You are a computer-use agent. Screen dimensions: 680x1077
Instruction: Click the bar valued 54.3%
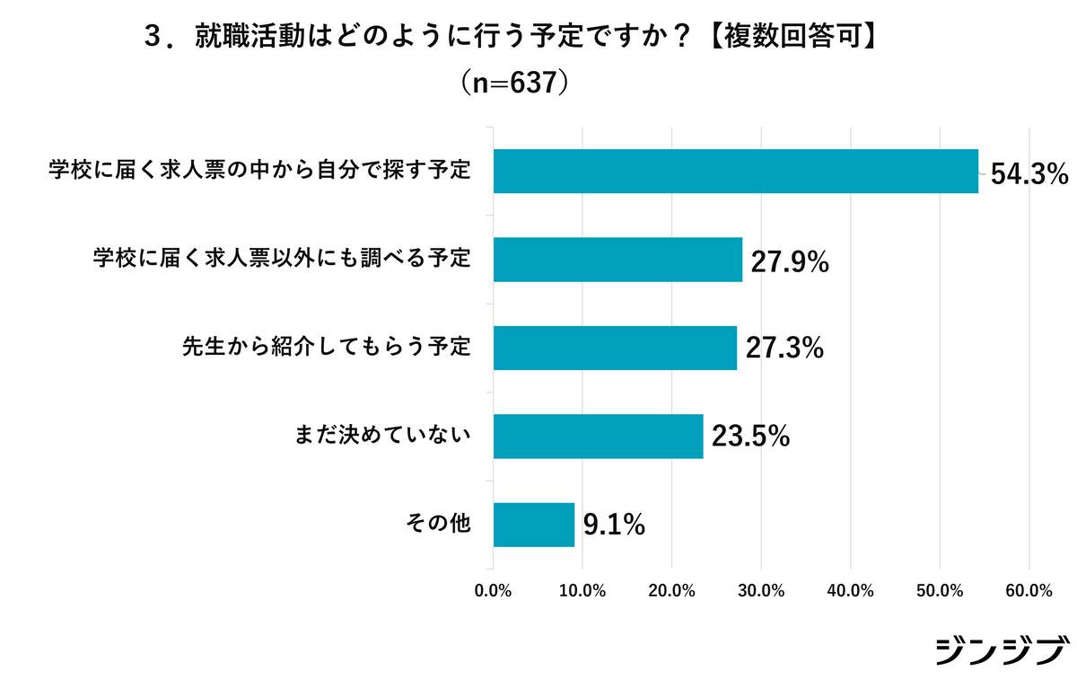(x=736, y=171)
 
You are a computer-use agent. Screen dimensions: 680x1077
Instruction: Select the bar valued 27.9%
(x=618, y=260)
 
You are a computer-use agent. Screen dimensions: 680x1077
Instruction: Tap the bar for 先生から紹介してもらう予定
(x=615, y=348)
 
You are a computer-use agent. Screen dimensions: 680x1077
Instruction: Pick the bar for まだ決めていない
(x=598, y=437)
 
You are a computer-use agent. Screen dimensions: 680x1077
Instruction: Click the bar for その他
(x=534, y=525)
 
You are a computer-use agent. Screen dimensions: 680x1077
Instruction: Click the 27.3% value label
(x=784, y=349)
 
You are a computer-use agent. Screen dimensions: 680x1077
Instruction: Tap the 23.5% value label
(x=750, y=437)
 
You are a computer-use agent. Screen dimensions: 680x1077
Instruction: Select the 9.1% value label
(x=614, y=525)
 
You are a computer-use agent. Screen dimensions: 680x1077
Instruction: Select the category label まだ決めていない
(x=383, y=437)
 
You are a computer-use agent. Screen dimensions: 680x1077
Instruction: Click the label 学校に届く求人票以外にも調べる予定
(x=282, y=260)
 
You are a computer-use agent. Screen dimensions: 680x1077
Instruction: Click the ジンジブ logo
(x=1002, y=650)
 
